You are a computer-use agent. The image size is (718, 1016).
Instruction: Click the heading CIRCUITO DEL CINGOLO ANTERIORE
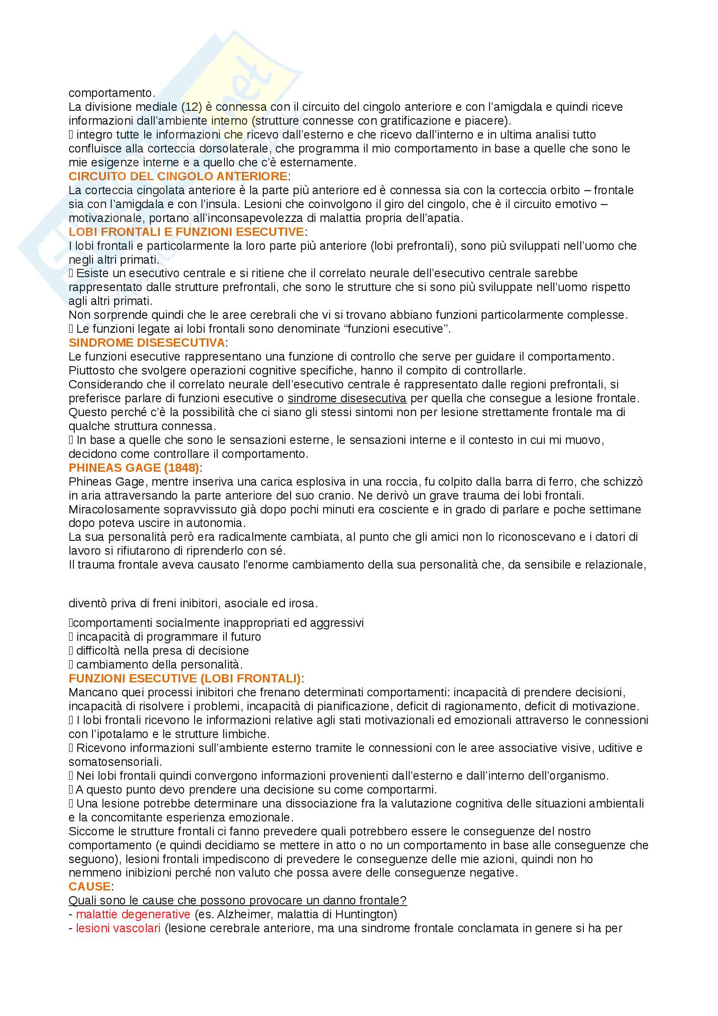pos(178,176)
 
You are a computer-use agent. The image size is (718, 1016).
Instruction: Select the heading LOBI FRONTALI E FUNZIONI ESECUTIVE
pos(186,232)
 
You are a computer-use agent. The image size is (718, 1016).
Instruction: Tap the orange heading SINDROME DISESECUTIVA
pos(147,342)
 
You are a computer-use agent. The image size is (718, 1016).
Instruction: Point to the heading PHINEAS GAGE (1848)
pos(134,468)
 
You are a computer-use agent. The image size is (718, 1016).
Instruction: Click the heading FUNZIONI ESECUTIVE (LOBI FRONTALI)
pos(185,678)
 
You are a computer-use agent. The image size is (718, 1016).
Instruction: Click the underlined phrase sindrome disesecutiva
pos(347,398)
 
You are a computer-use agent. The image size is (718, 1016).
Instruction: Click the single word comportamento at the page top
pos(110,93)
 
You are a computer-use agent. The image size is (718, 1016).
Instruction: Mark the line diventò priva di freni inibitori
pos(193,603)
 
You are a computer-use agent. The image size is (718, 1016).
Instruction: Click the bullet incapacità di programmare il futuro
pos(169,637)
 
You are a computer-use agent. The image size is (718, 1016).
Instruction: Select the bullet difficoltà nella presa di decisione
pos(162,651)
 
